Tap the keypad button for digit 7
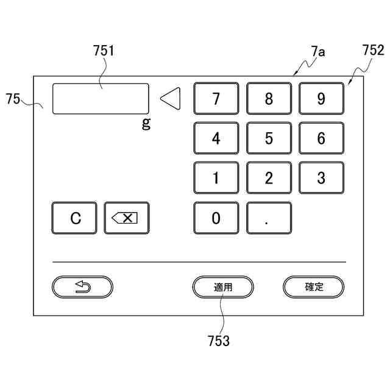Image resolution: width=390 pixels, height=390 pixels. click(x=216, y=99)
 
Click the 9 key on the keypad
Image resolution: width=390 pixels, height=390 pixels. click(x=321, y=99)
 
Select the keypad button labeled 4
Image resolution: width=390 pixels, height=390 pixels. click(x=216, y=138)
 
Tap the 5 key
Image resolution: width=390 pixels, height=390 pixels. click(x=269, y=138)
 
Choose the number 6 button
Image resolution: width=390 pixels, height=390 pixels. click(x=321, y=138)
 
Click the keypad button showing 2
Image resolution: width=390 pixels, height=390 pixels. click(x=269, y=179)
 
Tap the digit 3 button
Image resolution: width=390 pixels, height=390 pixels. click(x=321, y=179)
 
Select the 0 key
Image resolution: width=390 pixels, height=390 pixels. click(x=216, y=218)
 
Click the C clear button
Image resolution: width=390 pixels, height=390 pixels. click(x=74, y=218)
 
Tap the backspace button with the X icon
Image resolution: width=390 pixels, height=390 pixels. click(x=127, y=218)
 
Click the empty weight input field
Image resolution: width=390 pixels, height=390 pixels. click(x=101, y=99)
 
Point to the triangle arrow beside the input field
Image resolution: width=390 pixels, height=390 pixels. click(x=171, y=99)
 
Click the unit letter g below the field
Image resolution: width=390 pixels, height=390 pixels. click(x=146, y=124)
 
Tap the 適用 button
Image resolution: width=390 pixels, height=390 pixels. click(x=223, y=287)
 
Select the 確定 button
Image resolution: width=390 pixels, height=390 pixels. click(x=314, y=287)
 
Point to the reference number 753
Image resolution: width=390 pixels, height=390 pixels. click(x=219, y=341)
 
